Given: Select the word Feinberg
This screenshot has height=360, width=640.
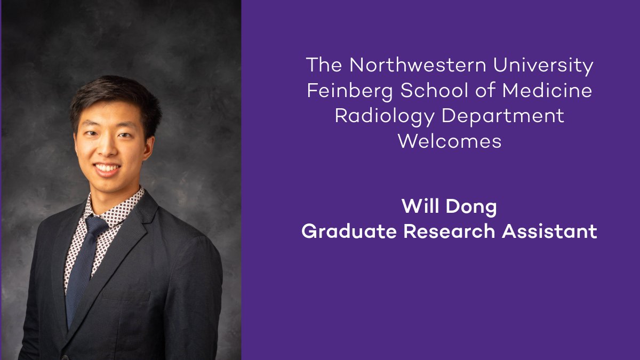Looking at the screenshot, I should (x=350, y=91).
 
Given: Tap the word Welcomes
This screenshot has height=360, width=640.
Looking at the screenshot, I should (x=450, y=142).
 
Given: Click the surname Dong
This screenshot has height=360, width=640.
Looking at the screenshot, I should (x=471, y=207).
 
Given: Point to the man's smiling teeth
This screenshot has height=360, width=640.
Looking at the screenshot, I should (x=107, y=168).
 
